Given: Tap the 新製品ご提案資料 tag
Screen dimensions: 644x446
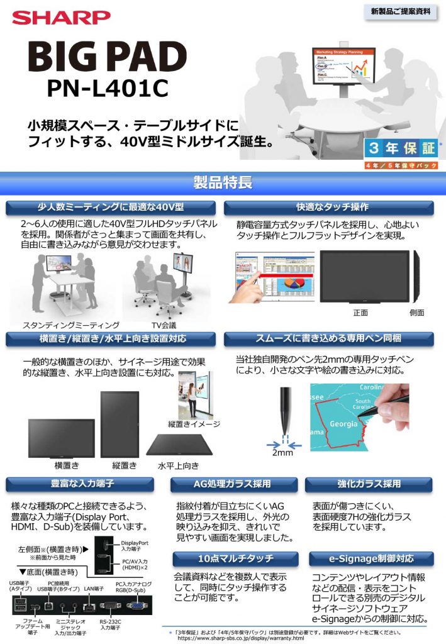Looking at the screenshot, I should (x=400, y=12).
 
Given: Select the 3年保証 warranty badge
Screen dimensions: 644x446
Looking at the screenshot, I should (x=400, y=149).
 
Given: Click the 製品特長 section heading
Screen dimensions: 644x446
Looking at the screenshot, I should (x=223, y=183).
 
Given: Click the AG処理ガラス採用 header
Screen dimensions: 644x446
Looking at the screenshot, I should (x=232, y=484).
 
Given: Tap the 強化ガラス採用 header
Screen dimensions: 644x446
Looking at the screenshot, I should (x=369, y=484).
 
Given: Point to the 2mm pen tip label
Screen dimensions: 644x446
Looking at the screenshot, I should (x=284, y=453).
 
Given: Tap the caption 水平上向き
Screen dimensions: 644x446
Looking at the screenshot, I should (x=178, y=466).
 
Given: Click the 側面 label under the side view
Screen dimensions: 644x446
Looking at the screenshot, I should (x=416, y=313).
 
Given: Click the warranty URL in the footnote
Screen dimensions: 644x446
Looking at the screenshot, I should (x=241, y=638).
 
